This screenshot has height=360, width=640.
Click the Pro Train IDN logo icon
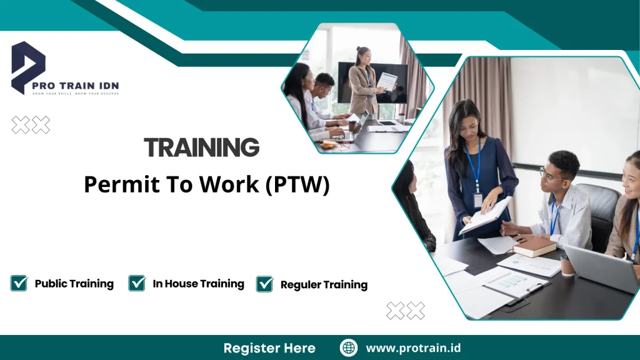(x=28, y=66)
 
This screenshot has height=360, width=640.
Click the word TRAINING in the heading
(x=201, y=148)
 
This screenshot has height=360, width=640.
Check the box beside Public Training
(x=19, y=283)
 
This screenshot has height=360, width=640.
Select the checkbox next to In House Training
(x=137, y=283)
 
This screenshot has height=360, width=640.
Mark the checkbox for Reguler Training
(x=265, y=284)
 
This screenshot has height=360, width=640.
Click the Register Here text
(x=269, y=348)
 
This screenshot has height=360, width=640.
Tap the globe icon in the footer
(x=349, y=348)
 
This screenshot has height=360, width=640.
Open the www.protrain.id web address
(x=413, y=348)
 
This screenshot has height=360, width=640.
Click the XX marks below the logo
(x=31, y=125)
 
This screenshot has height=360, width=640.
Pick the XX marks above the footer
(x=405, y=311)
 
